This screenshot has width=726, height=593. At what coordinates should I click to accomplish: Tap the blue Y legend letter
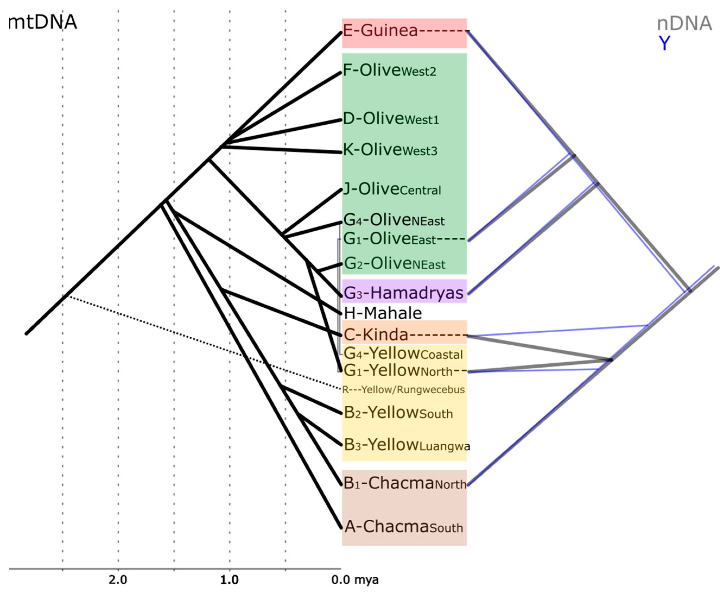point(664,43)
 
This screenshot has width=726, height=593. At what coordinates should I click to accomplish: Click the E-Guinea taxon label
point(381,31)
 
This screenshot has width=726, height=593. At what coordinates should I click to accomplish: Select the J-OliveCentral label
point(392,189)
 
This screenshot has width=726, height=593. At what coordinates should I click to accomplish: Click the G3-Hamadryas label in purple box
point(403,293)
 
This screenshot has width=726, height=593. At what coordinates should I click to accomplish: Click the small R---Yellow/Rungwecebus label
point(403,390)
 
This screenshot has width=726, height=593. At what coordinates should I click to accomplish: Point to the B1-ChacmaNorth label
point(405,484)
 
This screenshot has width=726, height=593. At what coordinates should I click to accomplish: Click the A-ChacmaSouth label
point(403,527)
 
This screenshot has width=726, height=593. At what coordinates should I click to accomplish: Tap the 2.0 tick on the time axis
point(118,580)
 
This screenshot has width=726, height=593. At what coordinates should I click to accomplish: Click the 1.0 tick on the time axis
point(229,580)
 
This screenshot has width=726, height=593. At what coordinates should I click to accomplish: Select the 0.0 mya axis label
point(355,580)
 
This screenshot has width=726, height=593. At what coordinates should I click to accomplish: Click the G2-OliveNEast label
point(394,264)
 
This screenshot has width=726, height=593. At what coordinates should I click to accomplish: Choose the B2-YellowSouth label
point(398,413)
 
